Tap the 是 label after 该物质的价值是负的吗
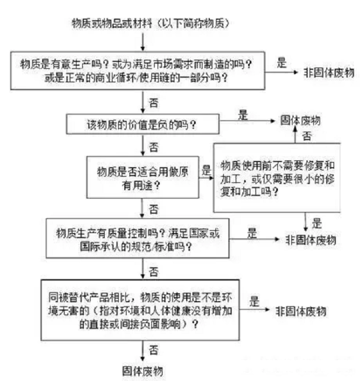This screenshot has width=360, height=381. [x=243, y=114]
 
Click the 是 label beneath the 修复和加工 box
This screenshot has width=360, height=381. [x=317, y=223]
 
